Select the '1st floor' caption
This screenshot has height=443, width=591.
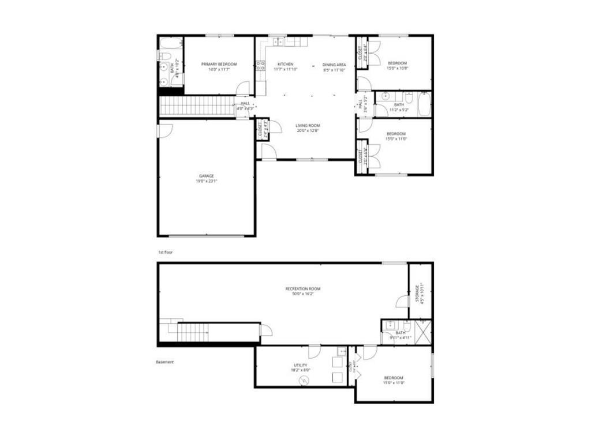click(x=166, y=253)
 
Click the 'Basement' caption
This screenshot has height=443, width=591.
click(x=164, y=362)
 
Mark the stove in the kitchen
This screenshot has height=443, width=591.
click(x=260, y=65)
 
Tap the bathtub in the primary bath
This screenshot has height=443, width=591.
click(x=170, y=43)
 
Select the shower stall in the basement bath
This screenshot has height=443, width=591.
click(x=423, y=334)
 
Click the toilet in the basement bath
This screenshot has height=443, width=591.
click(x=407, y=327)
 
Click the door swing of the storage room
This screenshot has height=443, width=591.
click(x=402, y=301)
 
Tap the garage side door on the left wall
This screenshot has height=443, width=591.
click(x=163, y=130)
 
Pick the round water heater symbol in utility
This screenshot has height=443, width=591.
click(x=304, y=380)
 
